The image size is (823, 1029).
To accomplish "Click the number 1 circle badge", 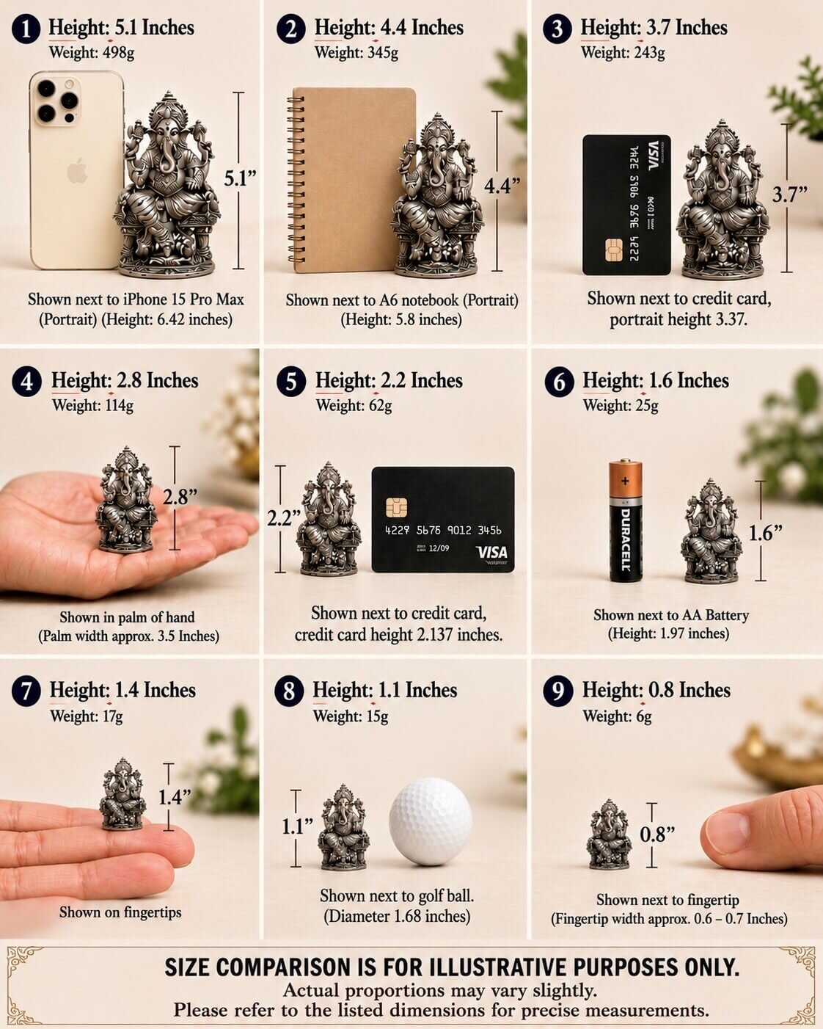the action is [x=26, y=29].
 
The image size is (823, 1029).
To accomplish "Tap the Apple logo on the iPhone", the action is [x=77, y=171].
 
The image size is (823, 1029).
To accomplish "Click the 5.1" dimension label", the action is [x=241, y=178].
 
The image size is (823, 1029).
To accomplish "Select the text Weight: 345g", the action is [x=356, y=53].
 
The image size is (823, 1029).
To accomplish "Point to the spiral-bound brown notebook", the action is [x=351, y=181].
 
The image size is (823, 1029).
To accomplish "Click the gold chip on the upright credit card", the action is [x=614, y=250].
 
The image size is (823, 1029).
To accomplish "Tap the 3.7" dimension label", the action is [x=789, y=194].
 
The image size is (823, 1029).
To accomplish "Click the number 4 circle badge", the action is [x=26, y=382].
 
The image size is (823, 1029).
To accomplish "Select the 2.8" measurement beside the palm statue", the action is [x=180, y=497].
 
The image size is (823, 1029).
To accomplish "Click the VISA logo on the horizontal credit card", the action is [x=491, y=552].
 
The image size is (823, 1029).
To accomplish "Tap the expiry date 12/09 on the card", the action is [x=439, y=548].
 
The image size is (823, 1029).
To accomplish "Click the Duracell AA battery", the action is [x=625, y=520].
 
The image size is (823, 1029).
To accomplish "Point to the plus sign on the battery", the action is [x=625, y=481].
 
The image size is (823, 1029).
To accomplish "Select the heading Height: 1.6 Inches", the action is [x=655, y=381].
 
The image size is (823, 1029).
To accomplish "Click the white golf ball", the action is [x=431, y=821].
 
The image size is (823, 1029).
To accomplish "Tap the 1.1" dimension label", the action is [x=297, y=826].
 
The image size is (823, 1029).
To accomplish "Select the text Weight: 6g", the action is [x=617, y=716].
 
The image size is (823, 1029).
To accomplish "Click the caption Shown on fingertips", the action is [x=120, y=912].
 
